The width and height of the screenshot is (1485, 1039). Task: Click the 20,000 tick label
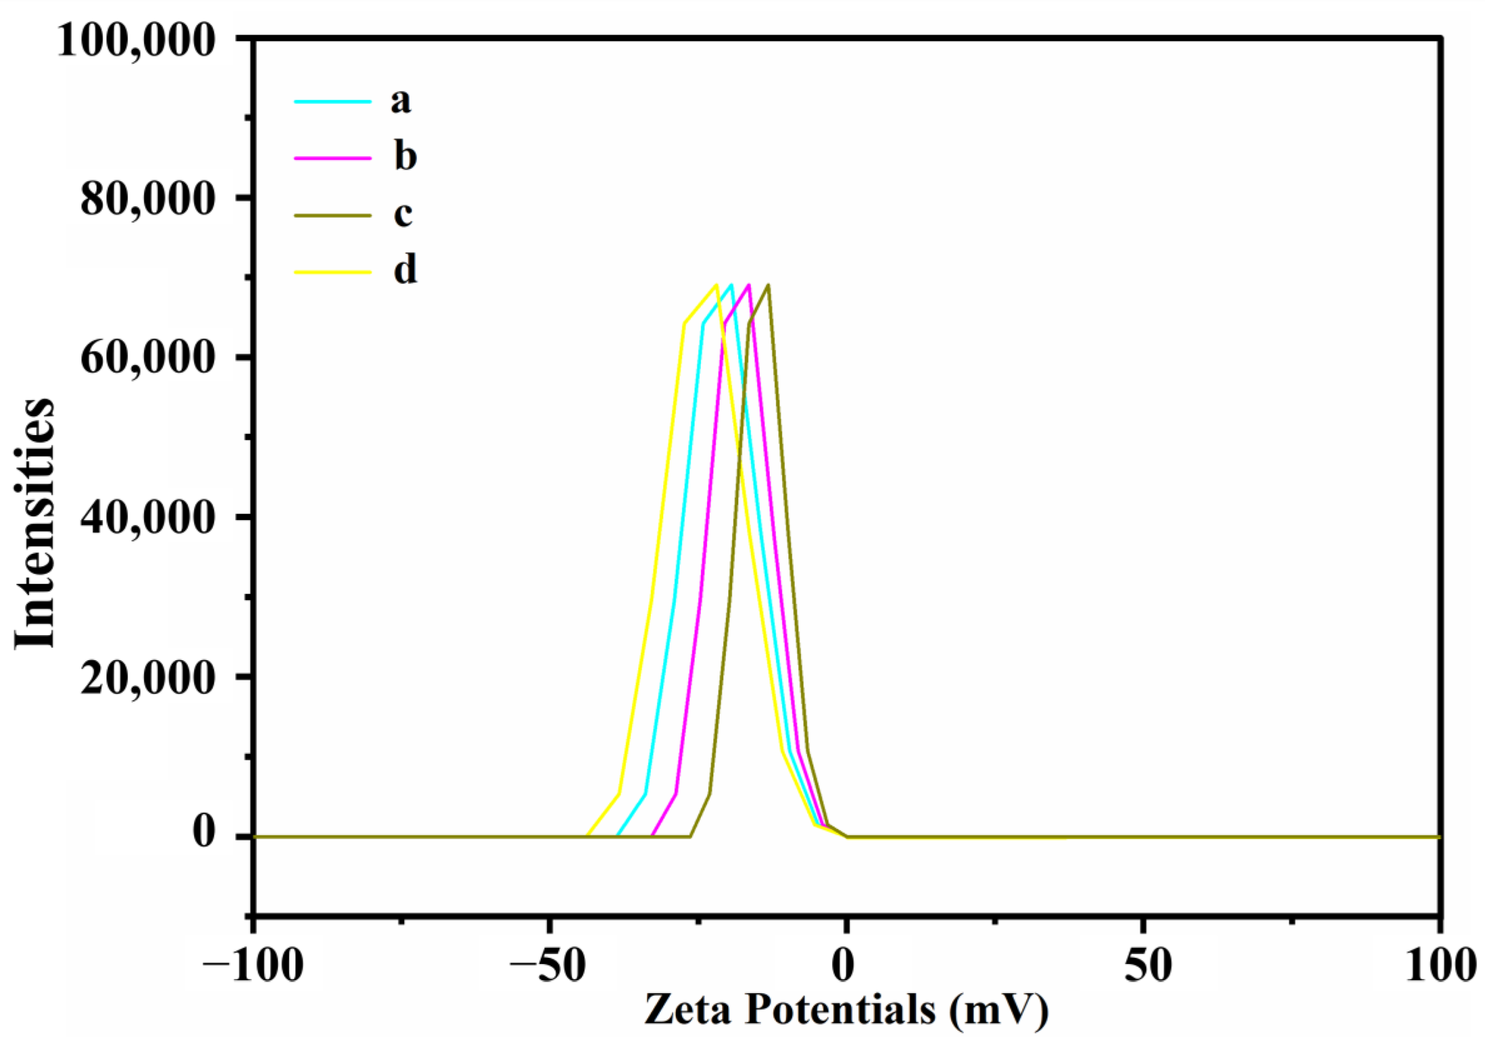click(147, 677)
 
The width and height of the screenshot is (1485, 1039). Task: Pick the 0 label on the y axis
click(204, 833)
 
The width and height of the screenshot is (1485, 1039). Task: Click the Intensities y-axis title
click(35, 523)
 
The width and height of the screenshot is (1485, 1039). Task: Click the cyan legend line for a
click(332, 102)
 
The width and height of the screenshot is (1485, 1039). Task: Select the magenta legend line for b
click(332, 158)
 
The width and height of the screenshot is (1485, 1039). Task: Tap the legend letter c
click(403, 214)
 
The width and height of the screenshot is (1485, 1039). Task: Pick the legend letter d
click(405, 270)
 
